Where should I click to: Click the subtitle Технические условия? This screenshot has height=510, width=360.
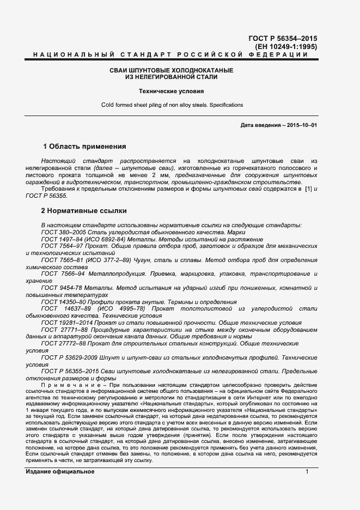(x=171, y=92)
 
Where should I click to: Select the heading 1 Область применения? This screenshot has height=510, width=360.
(x=84, y=147)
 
